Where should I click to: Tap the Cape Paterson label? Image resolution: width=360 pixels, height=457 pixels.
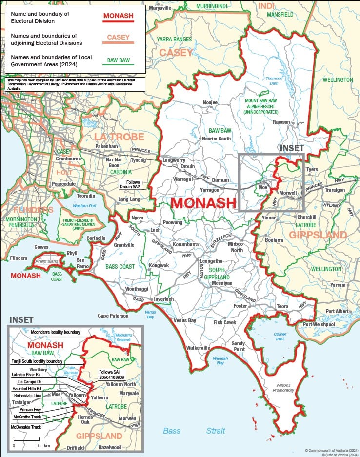113,316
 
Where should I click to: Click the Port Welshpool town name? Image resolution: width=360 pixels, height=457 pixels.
319,325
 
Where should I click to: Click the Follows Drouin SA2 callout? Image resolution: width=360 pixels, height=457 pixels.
130,184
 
